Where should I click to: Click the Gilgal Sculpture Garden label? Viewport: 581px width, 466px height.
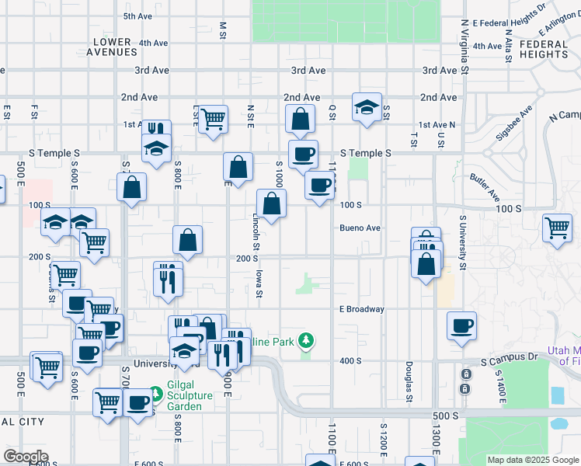pyautogui.click(x=190, y=396)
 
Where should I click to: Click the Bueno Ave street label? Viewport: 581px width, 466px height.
pyautogui.click(x=360, y=228)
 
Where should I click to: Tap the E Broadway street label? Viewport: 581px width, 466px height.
pyautogui.click(x=362, y=309)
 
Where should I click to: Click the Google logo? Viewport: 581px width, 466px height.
pyautogui.click(x=26, y=457)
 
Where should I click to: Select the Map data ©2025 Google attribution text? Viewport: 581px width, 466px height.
pyautogui.click(x=533, y=460)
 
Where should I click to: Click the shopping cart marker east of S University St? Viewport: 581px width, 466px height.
pyautogui.click(x=557, y=228)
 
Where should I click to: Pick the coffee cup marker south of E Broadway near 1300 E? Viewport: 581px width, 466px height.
pyautogui.click(x=461, y=325)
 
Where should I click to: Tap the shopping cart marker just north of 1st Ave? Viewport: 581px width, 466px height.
pyautogui.click(x=212, y=120)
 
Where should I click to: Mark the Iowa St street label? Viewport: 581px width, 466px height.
pyautogui.click(x=260, y=283)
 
